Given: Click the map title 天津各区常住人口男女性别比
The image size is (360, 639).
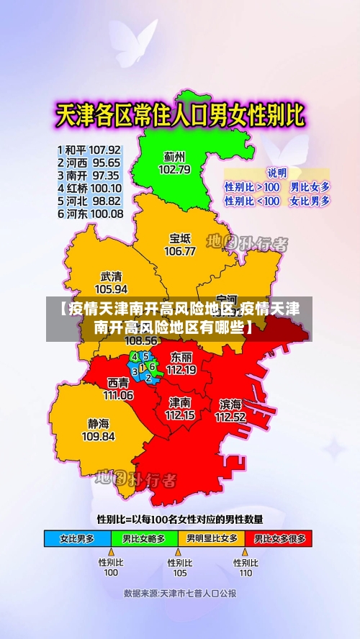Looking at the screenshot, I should point(180,116).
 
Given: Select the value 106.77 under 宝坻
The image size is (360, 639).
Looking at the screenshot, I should point(180,251).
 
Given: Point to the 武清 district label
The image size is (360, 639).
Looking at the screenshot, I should point(112,276).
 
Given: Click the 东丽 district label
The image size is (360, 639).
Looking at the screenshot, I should point(181,357).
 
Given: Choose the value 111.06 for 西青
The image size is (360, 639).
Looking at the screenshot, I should point(118,394).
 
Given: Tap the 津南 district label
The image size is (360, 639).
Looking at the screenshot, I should point(180,402).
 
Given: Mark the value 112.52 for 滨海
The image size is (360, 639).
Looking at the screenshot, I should point(230,416).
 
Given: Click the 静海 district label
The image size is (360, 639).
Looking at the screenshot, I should point(99,423).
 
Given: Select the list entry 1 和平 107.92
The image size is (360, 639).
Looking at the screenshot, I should point(89,150).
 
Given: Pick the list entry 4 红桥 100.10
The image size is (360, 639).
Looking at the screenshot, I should point(89,189).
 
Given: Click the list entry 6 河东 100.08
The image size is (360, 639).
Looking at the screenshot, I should point(89,214).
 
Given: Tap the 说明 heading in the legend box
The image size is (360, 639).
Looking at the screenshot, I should point(277,173).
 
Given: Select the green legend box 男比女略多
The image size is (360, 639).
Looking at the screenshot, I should point(144,538).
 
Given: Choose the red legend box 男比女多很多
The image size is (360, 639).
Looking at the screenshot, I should point(279,538).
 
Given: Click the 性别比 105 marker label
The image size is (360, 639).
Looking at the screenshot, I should point(180,568).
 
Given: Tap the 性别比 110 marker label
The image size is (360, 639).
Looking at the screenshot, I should point(246,568).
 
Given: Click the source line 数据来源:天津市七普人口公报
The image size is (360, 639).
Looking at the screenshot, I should point(180,594).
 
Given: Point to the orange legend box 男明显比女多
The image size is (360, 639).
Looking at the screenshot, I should point(212,538).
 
